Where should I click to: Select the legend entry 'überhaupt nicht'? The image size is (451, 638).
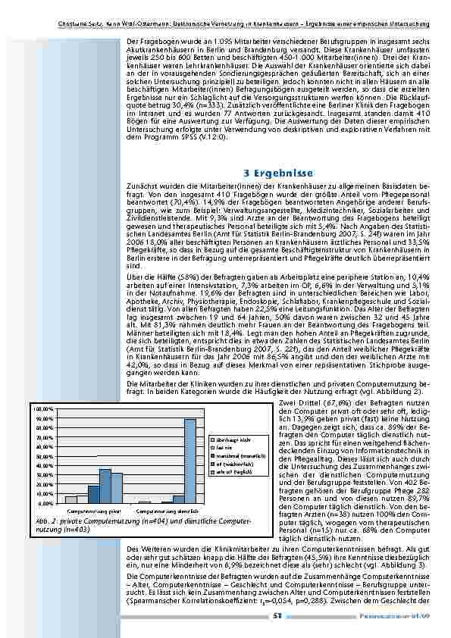coord(227,439)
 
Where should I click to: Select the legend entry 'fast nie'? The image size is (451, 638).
coord(221,448)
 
